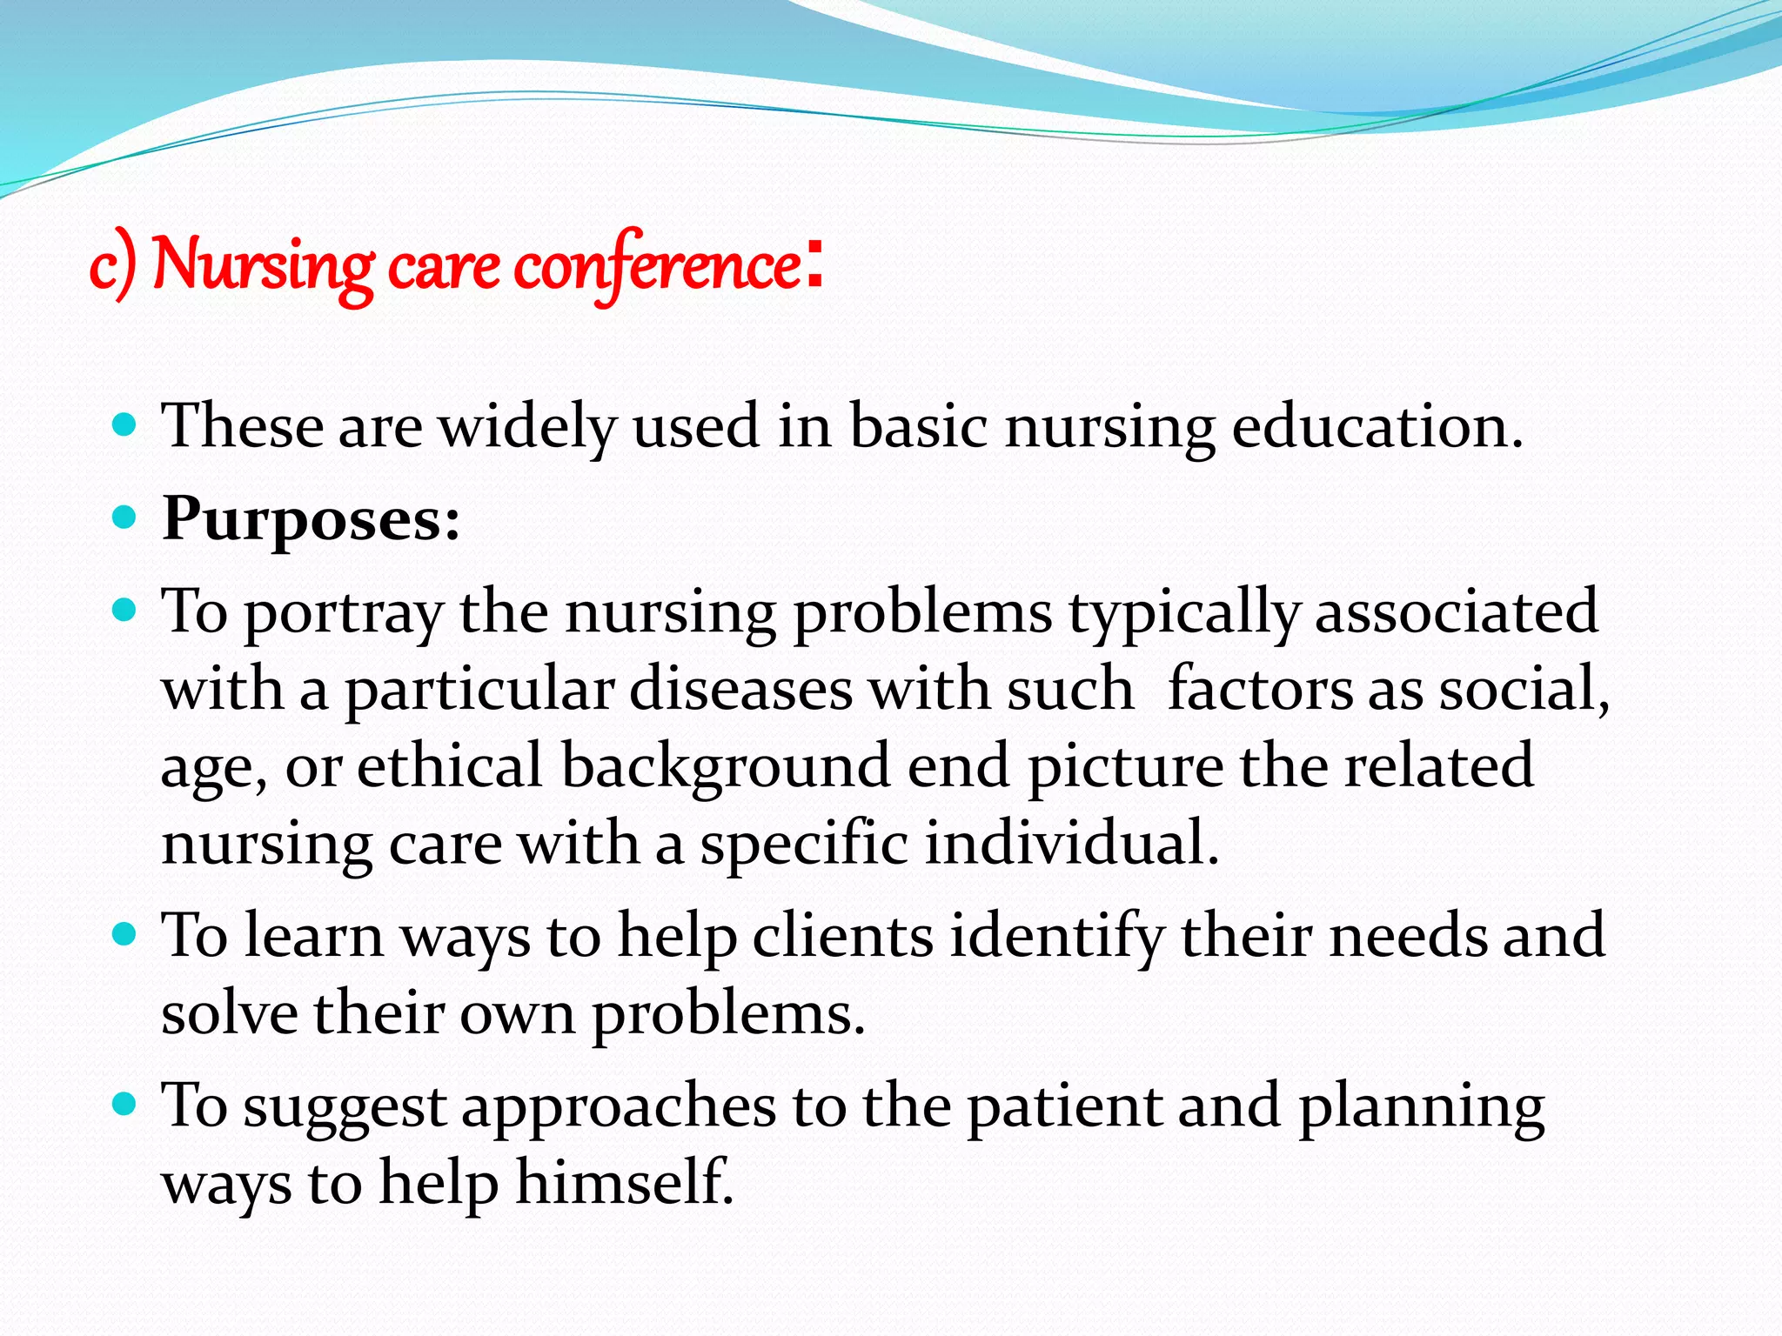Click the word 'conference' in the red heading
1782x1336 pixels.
point(657,265)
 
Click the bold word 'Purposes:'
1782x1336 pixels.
point(311,519)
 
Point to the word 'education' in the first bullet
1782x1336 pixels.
point(1377,426)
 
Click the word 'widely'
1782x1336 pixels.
point(526,428)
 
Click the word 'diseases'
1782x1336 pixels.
point(740,689)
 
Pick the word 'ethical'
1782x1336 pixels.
point(450,765)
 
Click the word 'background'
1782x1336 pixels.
point(725,767)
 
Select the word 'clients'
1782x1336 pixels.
point(842,936)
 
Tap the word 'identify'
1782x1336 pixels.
point(1056,938)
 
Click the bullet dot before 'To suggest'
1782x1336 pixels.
point(125,1105)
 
